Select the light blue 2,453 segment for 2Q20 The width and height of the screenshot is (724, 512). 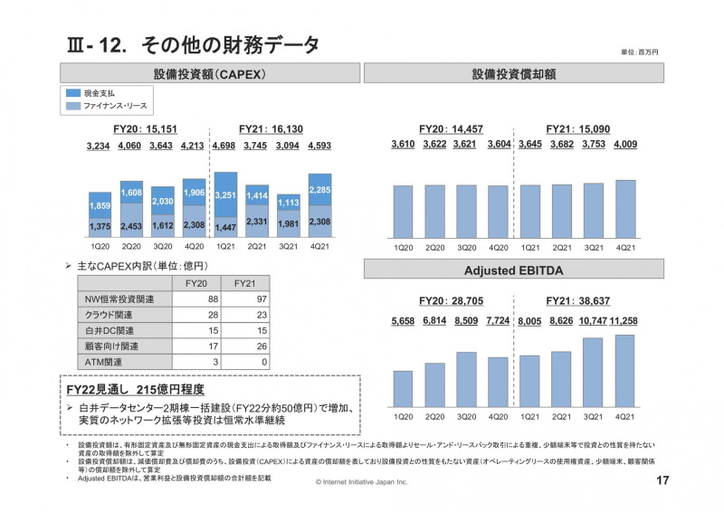coord(131,225)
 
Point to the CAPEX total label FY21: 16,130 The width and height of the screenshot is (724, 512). coord(271,129)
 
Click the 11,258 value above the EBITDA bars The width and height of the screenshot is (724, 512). coord(625,321)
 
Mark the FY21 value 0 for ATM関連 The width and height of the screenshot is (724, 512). coord(263,362)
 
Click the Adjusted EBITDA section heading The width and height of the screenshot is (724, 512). coord(513,270)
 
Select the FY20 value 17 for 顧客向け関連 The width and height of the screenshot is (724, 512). coord(214,346)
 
